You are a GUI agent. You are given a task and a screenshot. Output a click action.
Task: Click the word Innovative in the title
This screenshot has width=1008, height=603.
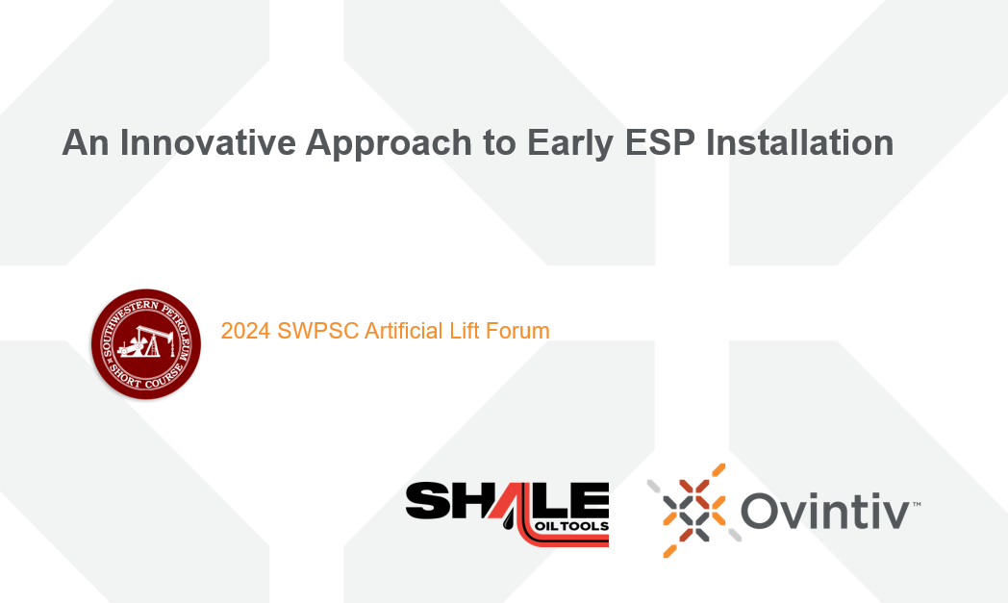208,142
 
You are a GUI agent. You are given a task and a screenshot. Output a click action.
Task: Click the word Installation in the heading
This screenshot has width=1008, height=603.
799,142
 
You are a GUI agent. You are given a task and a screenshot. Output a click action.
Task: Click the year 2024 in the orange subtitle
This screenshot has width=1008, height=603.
245,331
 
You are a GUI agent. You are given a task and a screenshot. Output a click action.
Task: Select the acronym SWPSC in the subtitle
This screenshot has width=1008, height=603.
317,331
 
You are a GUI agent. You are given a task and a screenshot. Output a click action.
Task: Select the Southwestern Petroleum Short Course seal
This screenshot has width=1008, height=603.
146,344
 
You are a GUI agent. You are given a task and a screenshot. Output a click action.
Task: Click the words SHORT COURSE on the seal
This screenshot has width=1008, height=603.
145,379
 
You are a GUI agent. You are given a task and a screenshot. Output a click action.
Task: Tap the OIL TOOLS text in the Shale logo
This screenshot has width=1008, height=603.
571,526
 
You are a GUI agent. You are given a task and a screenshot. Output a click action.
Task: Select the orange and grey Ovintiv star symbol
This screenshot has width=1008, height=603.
694,511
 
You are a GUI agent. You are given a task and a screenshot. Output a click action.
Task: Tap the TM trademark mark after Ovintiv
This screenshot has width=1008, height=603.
916,504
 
